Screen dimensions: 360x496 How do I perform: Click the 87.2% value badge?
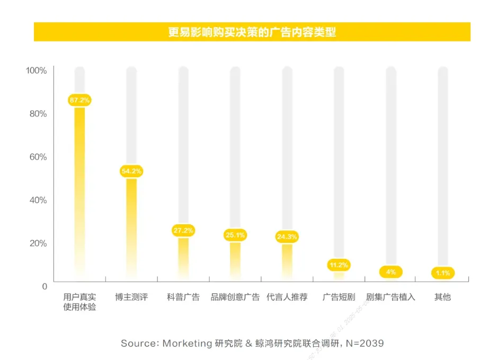pos(79,100)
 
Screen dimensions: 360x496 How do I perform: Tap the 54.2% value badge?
pos(131,171)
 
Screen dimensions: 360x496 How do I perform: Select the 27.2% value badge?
pos(183,230)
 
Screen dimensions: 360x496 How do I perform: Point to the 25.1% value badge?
pos(235,235)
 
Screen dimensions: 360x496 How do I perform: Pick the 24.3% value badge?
pos(287,236)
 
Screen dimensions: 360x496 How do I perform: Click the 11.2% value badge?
pos(339,265)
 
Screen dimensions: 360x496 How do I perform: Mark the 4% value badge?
pos(391,272)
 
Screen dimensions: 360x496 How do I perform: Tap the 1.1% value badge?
pos(443,274)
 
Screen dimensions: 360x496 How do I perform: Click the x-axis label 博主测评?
pos(131,297)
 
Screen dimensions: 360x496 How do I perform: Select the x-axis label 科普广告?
pos(183,297)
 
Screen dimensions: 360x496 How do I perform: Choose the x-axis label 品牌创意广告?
pos(235,297)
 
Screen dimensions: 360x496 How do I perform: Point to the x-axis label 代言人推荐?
pos(287,297)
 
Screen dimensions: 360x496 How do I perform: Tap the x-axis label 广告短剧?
pos(339,297)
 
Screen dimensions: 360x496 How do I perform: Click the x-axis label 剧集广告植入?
pos(391,297)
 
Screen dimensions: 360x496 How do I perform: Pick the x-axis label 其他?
pos(443,297)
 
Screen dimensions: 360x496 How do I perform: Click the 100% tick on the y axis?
pos(37,71)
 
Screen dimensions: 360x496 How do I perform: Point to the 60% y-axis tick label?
pos(38,157)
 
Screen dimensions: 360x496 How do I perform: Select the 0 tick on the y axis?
pos(45,286)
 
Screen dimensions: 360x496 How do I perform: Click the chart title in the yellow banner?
pos(252,32)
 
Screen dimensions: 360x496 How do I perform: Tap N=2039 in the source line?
pos(365,343)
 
